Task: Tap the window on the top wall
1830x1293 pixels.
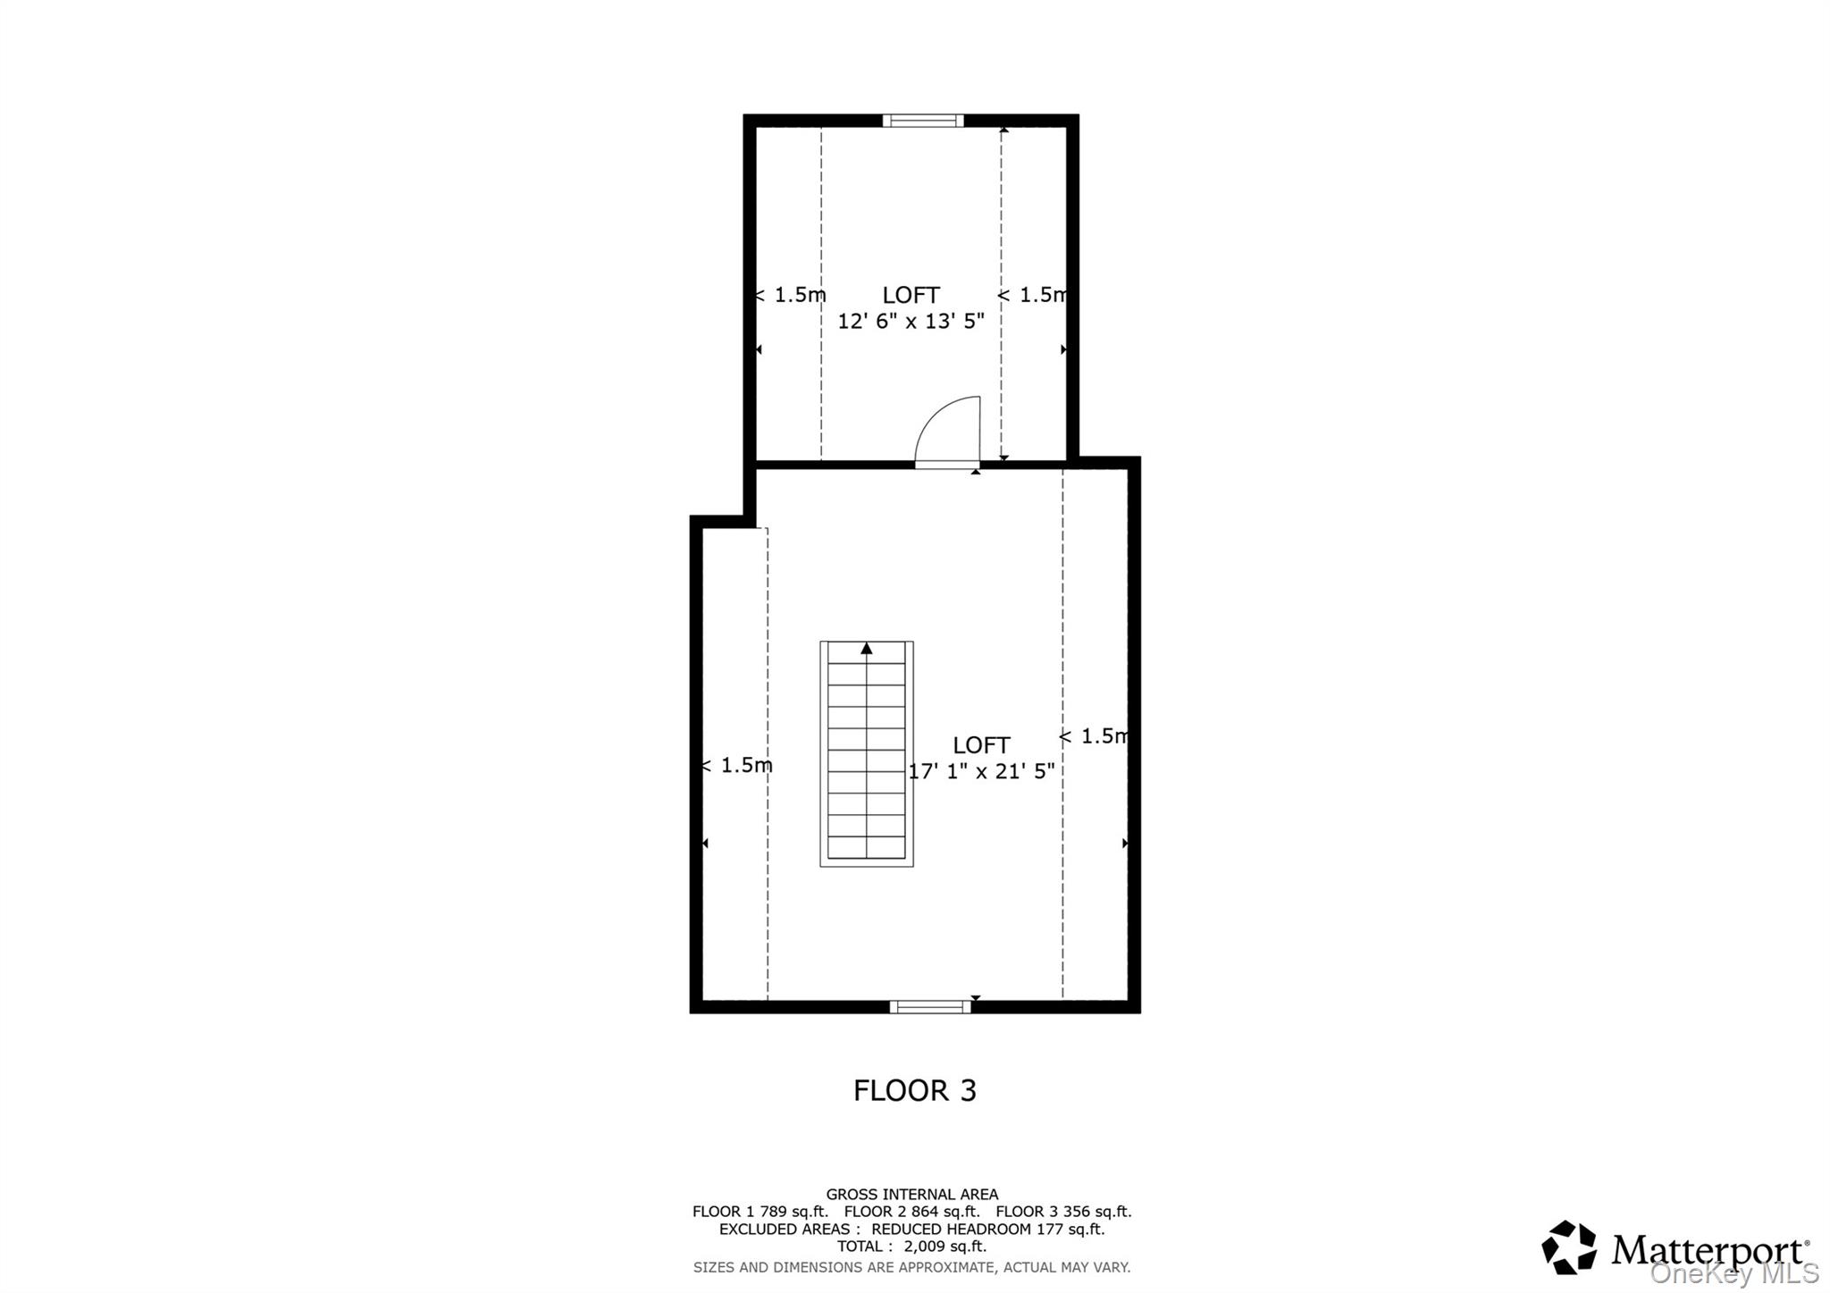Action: [x=923, y=121]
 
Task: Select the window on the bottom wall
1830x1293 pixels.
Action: [x=930, y=1007]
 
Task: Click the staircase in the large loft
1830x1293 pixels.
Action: [x=867, y=753]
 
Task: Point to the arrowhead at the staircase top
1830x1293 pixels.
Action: [x=866, y=649]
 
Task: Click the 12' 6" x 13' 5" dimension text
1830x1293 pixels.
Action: [x=911, y=321]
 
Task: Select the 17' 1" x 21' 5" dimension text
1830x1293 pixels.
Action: [x=982, y=770]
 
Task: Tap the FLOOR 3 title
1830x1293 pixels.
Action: [x=915, y=1090]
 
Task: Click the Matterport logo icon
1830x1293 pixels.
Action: [x=1569, y=1247]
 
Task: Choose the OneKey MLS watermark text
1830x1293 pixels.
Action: [x=1734, y=1272]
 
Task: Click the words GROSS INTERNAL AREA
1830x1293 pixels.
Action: [x=912, y=1194]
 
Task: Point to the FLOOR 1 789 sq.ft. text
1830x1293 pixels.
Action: [x=760, y=1212]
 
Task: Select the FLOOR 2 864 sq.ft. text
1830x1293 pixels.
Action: [x=912, y=1212]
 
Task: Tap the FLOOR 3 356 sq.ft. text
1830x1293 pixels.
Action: [x=1063, y=1212]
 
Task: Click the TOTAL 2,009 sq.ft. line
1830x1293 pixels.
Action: [x=912, y=1247]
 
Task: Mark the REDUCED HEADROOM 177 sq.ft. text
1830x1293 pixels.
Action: [x=988, y=1229]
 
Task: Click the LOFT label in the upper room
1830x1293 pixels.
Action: [x=911, y=295]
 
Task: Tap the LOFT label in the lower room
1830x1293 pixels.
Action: [x=982, y=745]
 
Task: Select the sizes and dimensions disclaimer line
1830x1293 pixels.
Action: [x=912, y=1267]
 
